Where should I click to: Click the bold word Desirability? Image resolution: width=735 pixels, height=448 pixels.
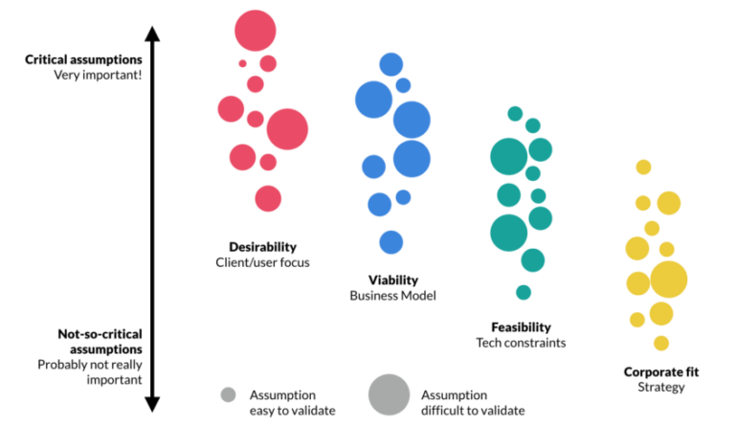pos(263,246)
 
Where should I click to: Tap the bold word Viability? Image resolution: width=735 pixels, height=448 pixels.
pos(393,280)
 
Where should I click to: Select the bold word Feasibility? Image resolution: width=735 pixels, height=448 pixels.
pos(521,325)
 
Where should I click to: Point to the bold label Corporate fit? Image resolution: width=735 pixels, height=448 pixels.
pos(661,371)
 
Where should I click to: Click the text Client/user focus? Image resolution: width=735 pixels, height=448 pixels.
pos(263,261)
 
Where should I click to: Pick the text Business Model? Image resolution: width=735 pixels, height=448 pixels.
pos(393,296)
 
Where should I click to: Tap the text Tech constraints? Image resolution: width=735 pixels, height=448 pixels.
pos(521,342)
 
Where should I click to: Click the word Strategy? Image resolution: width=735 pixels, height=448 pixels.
pos(661,387)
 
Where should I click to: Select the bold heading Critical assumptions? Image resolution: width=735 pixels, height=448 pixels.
pos(83,59)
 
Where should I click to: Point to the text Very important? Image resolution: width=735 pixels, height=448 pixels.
pos(98,75)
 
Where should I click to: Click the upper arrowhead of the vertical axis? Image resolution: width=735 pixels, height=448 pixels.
pos(151,35)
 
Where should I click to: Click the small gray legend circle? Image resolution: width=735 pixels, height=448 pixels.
pos(228,393)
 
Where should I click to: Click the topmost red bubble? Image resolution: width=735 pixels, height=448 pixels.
pos(256,30)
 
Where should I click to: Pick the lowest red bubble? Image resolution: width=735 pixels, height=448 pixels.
pos(268,198)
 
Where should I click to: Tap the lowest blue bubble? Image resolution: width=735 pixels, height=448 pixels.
pos(390,242)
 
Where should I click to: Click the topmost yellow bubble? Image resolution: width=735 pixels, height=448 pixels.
pos(643,168)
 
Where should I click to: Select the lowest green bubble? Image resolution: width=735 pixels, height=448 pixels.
pos(523,292)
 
